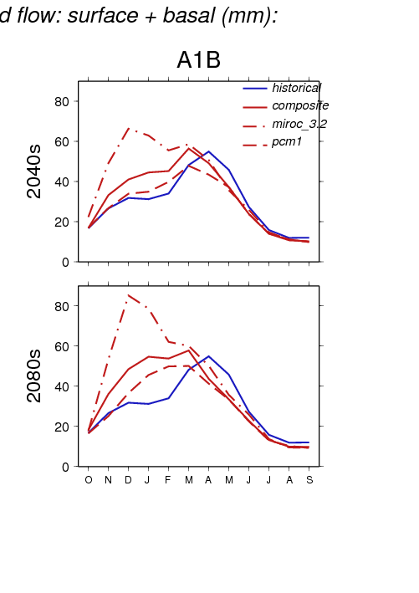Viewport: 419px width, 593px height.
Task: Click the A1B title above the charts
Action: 198,59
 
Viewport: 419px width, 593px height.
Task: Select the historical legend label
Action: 296,88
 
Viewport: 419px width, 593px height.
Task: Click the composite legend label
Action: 300,105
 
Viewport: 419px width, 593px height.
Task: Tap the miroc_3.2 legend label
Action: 299,124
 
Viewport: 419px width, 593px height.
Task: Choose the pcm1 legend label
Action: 287,142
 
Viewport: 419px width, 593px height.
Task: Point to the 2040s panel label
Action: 34,171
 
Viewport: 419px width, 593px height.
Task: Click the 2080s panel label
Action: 34,376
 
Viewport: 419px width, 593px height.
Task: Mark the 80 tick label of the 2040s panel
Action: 62,101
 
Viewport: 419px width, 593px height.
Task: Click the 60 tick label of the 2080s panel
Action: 62,346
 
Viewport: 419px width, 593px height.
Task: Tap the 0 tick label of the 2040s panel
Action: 65,262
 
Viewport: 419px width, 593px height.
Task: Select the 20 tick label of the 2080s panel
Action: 62,427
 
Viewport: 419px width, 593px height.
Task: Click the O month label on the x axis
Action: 89,480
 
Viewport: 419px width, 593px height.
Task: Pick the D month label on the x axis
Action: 128,480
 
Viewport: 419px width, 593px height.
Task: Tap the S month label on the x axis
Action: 309,480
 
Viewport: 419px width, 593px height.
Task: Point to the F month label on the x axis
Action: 168,480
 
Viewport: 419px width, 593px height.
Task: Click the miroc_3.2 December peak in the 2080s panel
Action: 129,295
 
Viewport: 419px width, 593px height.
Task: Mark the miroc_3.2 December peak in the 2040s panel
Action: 129,129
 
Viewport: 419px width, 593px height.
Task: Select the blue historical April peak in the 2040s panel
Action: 209,151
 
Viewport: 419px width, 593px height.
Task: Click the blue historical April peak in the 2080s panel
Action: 209,356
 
